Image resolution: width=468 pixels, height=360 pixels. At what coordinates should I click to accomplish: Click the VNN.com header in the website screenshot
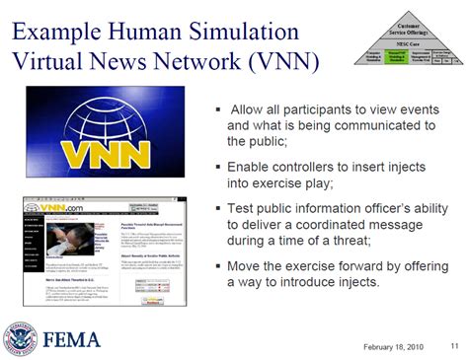[x=60, y=208]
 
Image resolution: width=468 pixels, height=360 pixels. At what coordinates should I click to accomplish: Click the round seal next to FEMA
[x=20, y=338]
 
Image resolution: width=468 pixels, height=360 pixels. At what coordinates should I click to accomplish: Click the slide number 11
[x=454, y=344]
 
